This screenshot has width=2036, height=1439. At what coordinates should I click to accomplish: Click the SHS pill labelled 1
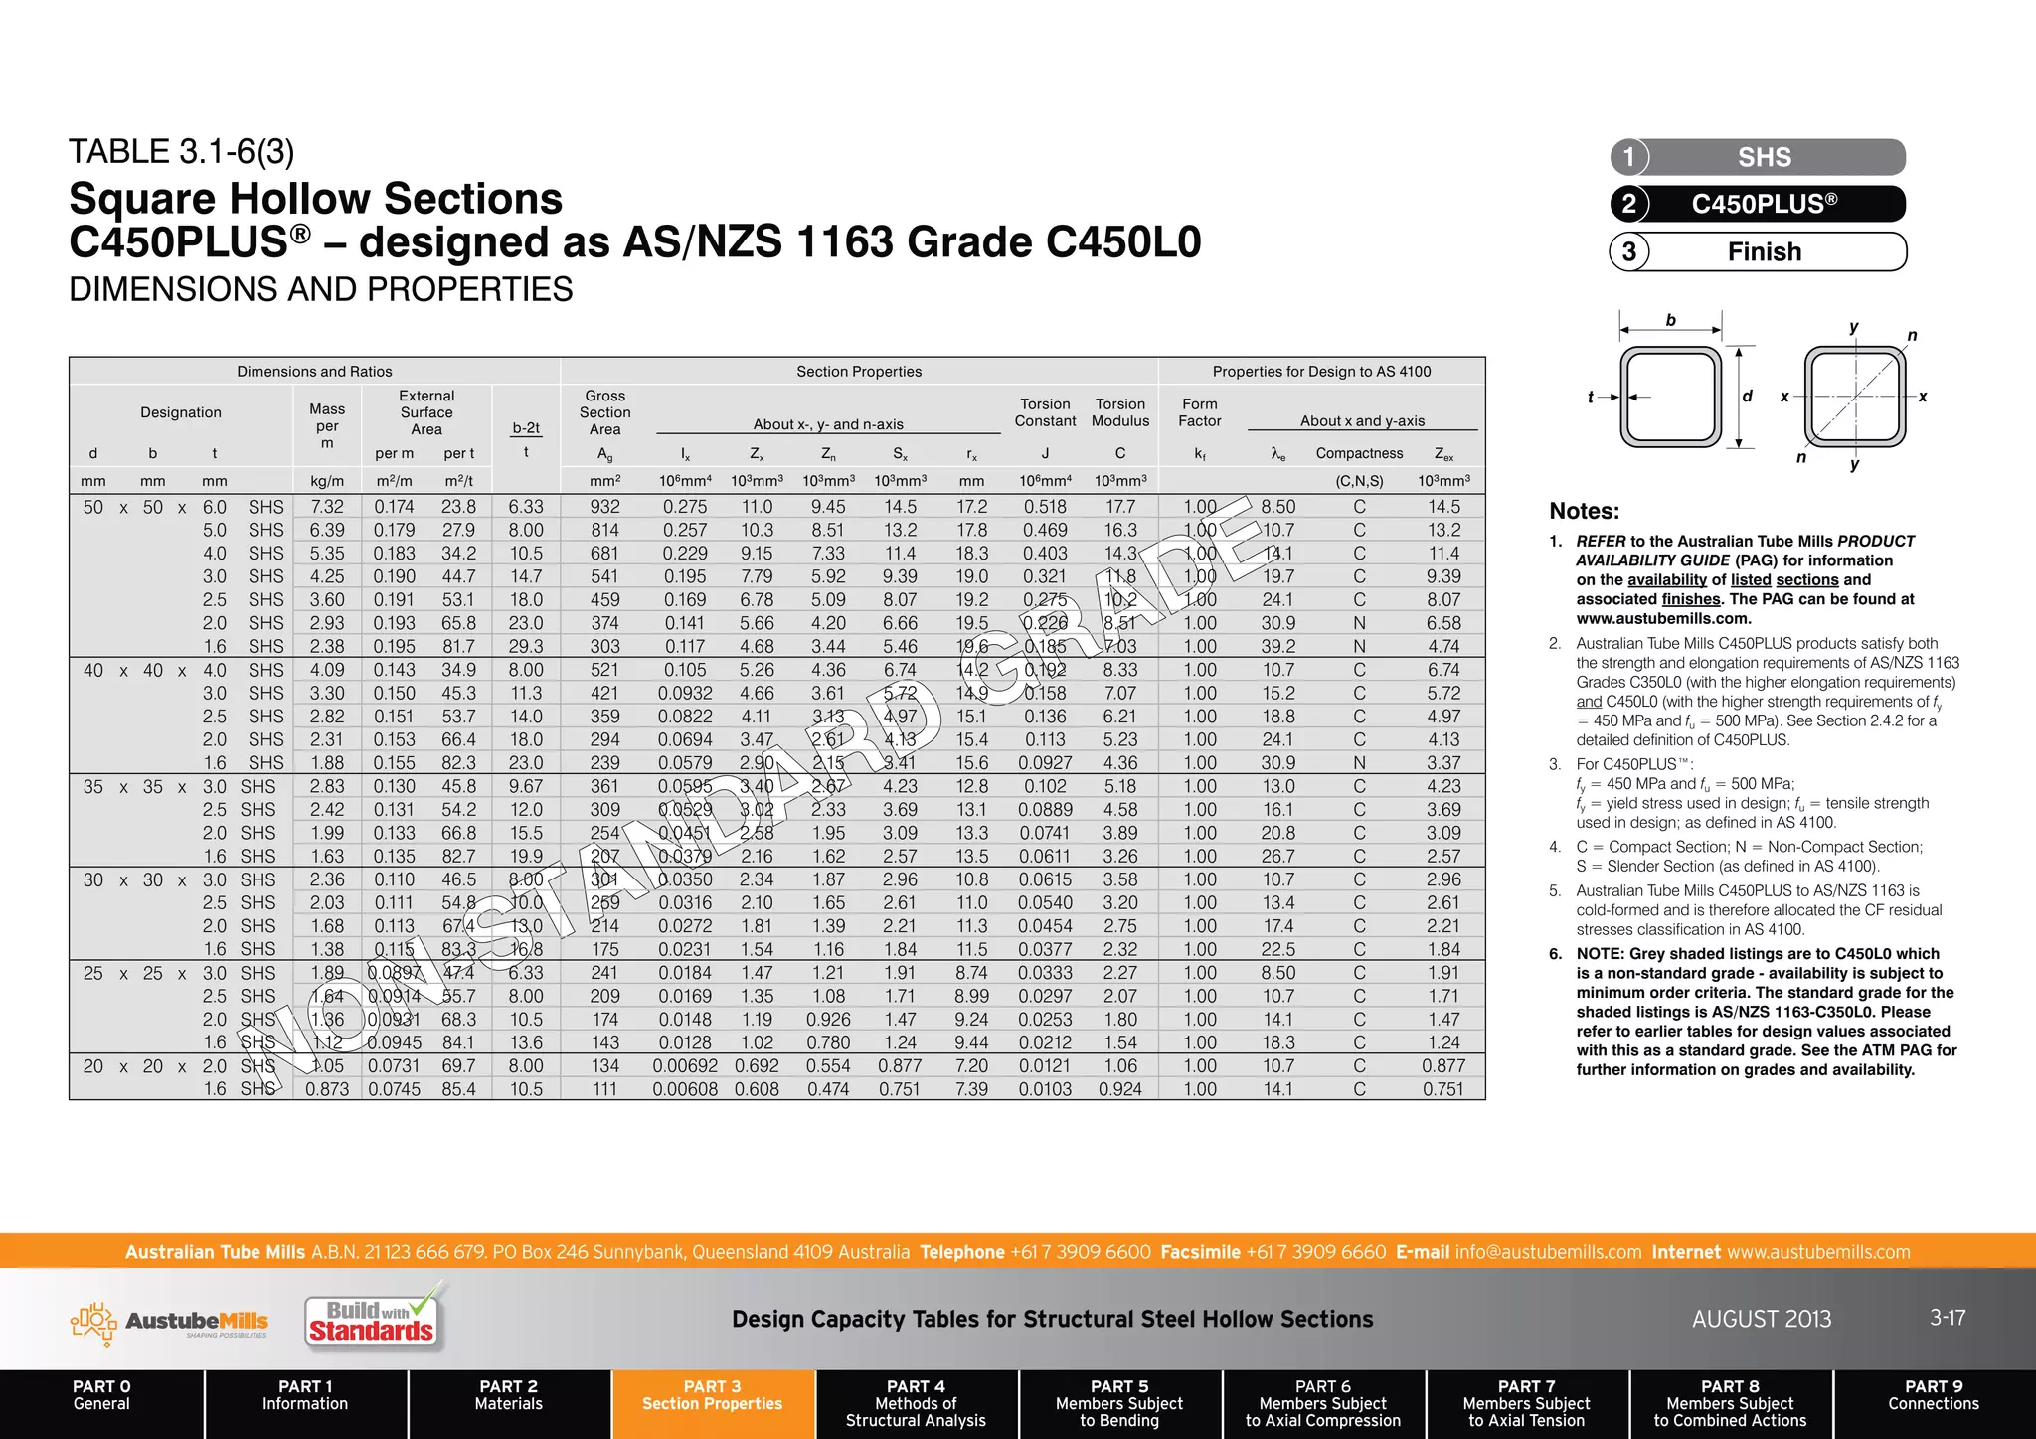1758,157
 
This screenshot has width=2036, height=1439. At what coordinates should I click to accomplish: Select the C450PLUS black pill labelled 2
1758,204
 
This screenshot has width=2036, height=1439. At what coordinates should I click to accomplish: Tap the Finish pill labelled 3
1758,251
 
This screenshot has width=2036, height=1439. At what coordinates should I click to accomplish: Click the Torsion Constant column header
1045,412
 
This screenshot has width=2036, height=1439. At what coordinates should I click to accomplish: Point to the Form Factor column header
1200,412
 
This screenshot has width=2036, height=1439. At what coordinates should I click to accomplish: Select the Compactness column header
1359,453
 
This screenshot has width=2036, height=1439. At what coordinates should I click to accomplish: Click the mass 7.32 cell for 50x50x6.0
327,507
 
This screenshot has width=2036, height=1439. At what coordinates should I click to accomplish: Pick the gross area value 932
604,507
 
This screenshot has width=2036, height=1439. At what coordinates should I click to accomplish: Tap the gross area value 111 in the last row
604,1089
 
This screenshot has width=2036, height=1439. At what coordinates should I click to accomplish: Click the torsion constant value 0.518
1045,507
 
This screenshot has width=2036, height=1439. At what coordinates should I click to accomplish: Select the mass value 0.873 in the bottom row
327,1089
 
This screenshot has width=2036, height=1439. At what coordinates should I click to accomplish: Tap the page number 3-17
1948,1318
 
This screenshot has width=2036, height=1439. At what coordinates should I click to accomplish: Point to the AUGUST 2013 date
1762,1319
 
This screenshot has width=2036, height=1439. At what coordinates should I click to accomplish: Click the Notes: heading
1584,511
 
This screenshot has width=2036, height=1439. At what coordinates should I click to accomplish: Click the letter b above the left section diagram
1671,320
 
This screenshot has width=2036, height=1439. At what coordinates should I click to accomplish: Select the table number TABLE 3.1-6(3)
182,152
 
